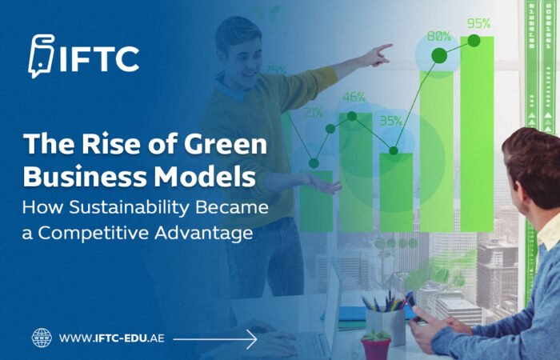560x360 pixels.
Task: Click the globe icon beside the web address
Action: click(x=42, y=338)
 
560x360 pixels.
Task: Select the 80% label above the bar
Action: click(x=438, y=36)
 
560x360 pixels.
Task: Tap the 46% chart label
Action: click(x=354, y=98)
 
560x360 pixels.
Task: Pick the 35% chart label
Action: click(x=390, y=122)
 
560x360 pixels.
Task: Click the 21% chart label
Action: click(x=313, y=113)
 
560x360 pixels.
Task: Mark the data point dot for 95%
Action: click(x=474, y=39)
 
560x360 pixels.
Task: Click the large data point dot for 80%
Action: click(x=438, y=55)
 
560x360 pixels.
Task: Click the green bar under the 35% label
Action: click(x=395, y=192)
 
